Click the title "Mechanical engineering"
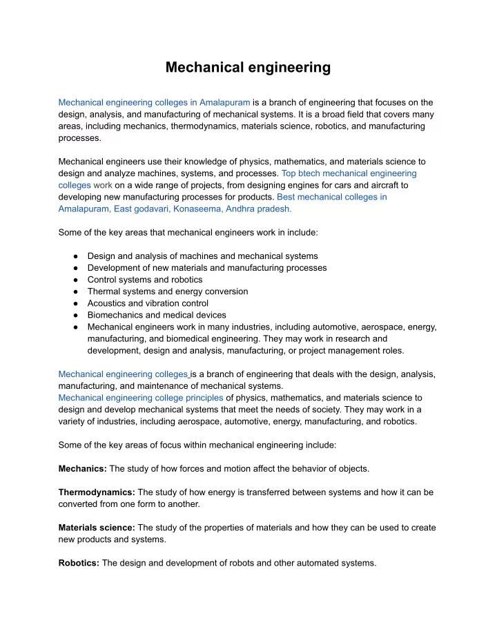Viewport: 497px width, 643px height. (x=248, y=68)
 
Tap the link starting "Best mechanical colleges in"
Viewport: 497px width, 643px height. (x=331, y=197)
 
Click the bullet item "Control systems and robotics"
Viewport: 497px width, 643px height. (x=145, y=280)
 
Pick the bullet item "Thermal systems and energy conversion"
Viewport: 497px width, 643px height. (x=168, y=291)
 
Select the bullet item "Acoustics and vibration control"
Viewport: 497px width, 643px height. (x=152, y=303)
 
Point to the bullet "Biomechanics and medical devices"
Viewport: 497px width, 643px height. (x=157, y=315)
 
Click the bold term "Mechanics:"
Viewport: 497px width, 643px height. (x=82, y=468)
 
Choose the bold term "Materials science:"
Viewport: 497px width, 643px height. (x=97, y=528)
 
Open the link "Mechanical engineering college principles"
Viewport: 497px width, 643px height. (x=141, y=398)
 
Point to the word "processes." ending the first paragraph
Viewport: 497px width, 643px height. (x=80, y=138)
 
